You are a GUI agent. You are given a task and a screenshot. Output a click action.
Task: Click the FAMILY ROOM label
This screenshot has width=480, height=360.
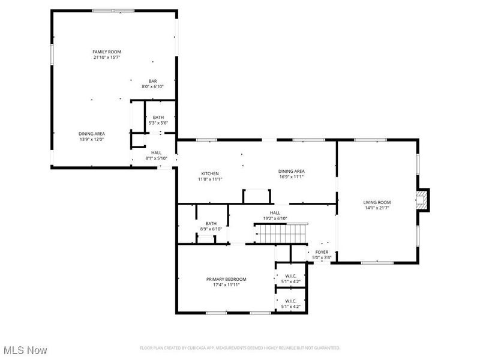[107, 52]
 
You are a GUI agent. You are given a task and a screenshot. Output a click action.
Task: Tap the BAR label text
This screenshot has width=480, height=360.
[152, 81]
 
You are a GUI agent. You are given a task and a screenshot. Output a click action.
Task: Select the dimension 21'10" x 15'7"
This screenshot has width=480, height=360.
[107, 58]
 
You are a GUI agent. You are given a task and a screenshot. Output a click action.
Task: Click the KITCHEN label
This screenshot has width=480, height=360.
[210, 173]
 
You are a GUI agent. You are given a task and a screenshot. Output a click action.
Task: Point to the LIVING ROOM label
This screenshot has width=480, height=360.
[377, 202]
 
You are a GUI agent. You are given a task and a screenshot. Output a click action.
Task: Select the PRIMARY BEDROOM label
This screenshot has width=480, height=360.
[226, 279]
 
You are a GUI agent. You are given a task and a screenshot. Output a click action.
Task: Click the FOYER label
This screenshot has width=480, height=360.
[322, 252]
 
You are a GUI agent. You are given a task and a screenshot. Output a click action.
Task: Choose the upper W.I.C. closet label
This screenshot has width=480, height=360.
[290, 276]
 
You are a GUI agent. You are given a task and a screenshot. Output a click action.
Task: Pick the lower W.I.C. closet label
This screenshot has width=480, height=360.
[290, 301]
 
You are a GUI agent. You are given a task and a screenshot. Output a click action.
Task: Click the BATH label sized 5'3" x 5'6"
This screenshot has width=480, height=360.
[158, 118]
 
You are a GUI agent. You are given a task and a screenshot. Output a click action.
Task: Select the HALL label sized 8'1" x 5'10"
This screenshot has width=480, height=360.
[156, 153]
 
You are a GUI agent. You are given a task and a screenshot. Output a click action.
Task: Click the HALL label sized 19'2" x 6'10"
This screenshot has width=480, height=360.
[275, 213]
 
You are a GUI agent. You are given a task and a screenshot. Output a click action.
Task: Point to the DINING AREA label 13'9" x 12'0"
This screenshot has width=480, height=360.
[92, 134]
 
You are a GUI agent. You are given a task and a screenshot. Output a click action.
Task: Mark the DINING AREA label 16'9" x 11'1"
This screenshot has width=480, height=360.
[292, 171]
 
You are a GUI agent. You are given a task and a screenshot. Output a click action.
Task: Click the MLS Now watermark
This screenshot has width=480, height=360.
[25, 349]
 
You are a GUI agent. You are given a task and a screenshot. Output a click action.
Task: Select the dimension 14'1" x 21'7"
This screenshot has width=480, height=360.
[377, 208]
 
